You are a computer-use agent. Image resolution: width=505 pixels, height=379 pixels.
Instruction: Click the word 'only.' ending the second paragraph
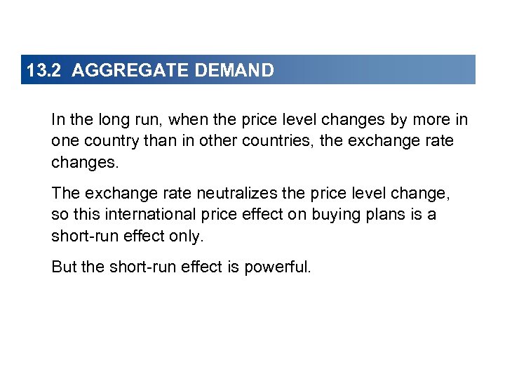[186, 236]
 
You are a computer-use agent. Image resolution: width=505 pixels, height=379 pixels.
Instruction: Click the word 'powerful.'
[277, 267]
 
